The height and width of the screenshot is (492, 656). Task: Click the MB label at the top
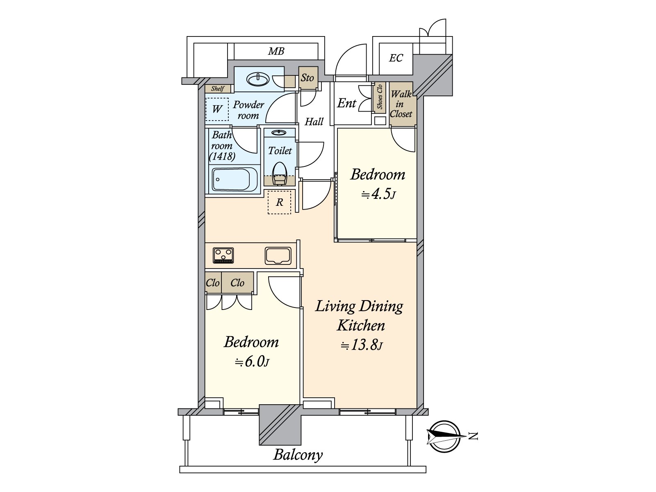click(x=276, y=51)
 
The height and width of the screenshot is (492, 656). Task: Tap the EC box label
click(x=396, y=58)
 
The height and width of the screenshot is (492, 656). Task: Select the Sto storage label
click(x=307, y=77)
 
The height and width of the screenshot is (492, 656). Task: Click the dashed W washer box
click(x=217, y=109)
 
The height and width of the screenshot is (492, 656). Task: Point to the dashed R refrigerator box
click(x=279, y=202)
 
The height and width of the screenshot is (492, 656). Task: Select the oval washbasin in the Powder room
click(x=258, y=79)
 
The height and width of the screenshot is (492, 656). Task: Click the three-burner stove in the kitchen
click(x=223, y=255)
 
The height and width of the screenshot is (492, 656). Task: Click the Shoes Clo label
click(x=380, y=97)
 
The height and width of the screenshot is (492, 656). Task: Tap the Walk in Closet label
click(x=401, y=104)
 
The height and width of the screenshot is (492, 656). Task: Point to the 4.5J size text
click(x=378, y=194)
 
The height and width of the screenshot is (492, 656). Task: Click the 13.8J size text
click(x=362, y=345)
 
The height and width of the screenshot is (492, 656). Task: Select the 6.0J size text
click(x=252, y=362)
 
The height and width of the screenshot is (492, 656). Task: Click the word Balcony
click(x=298, y=455)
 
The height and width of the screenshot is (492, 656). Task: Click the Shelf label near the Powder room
click(x=218, y=89)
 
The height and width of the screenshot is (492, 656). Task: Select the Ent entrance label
click(x=346, y=103)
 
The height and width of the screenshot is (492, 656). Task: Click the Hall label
click(x=314, y=122)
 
